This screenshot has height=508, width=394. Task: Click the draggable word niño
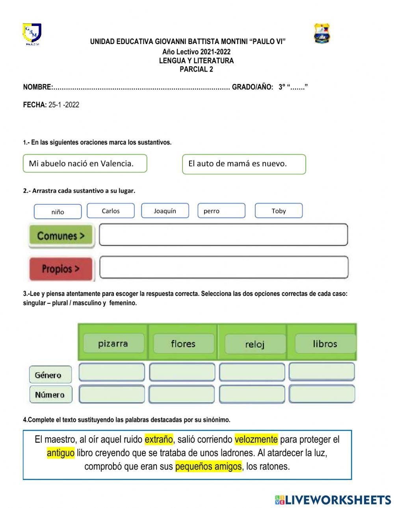[58, 212]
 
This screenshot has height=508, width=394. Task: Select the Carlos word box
[110, 211]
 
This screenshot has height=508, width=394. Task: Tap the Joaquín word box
[165, 211]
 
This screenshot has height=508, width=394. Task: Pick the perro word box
[221, 211]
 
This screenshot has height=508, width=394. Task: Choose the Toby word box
[279, 211]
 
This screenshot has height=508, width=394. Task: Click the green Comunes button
[61, 236]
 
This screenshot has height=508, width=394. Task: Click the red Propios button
[61, 269]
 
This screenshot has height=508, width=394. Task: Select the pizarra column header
[113, 344]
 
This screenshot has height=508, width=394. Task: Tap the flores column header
[183, 344]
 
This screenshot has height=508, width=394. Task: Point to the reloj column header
[255, 344]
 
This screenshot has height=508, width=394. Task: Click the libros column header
[325, 344]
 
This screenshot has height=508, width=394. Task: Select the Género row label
[50, 375]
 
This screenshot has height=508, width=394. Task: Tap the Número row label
[50, 395]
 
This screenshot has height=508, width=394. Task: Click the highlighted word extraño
[159, 439]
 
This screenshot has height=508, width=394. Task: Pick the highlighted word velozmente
[256, 439]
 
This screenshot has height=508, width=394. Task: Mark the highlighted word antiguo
[61, 453]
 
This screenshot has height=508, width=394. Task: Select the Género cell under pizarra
[112, 372]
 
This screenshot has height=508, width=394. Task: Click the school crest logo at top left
[32, 34]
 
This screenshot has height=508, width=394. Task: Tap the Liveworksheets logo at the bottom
[333, 500]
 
